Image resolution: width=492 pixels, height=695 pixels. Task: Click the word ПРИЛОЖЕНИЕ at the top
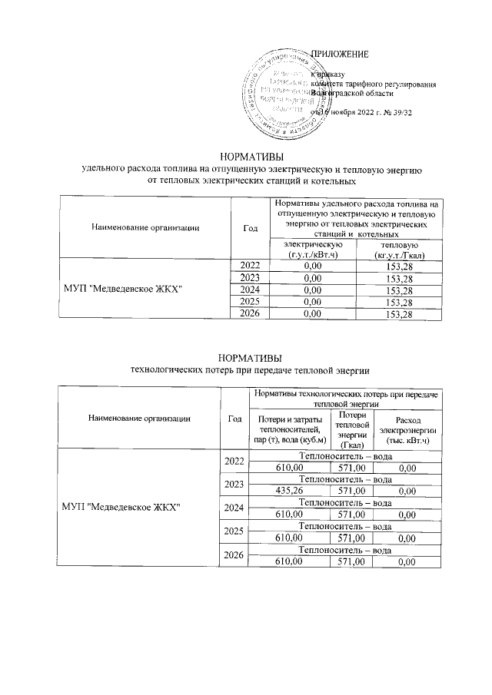point(339,54)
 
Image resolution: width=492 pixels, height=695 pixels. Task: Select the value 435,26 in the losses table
point(290,491)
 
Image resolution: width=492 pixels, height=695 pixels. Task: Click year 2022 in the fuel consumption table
point(248,265)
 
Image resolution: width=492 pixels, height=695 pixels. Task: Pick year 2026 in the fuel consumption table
point(248,314)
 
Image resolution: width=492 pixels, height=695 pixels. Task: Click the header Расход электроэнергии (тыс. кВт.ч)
point(408,429)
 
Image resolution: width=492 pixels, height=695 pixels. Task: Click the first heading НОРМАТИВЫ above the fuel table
point(245,156)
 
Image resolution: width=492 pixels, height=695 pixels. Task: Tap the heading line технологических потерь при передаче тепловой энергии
point(245,370)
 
